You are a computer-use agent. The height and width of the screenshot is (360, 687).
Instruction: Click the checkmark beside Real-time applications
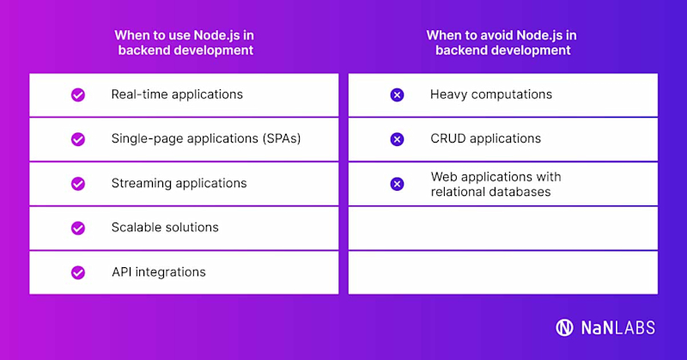tap(78, 95)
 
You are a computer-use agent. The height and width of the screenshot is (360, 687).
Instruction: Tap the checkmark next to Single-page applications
tap(78, 138)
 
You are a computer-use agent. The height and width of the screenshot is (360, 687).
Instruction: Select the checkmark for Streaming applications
tap(78, 183)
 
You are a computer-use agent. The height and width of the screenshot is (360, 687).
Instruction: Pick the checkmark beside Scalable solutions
tap(78, 228)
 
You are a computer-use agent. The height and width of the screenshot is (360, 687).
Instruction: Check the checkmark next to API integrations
tap(78, 272)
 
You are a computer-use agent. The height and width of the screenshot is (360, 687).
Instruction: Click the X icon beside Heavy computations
tap(397, 95)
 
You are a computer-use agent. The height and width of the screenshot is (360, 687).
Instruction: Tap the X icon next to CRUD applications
tap(397, 138)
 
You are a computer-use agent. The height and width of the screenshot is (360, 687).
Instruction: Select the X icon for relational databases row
tap(397, 183)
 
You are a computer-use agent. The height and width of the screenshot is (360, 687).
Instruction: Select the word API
tap(122, 272)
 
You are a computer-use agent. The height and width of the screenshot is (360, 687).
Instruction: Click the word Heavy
tap(447, 94)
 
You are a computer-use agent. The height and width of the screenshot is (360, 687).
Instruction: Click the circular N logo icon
tap(564, 327)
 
